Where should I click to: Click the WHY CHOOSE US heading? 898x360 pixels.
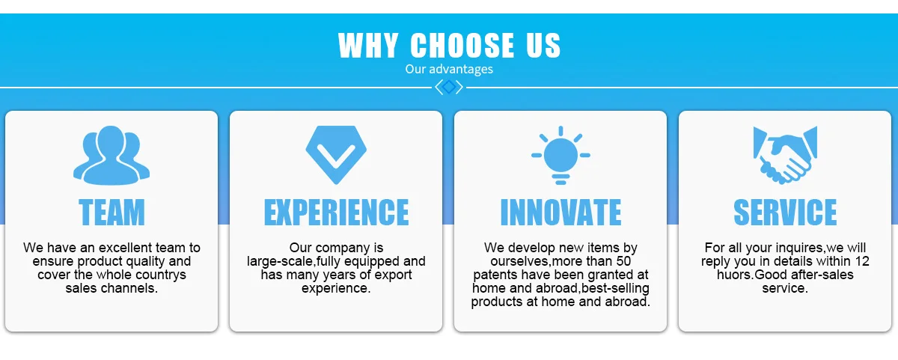pyautogui.click(x=449, y=46)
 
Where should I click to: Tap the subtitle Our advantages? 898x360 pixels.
pyautogui.click(x=449, y=69)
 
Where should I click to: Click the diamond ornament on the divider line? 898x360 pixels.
pyautogui.click(x=449, y=87)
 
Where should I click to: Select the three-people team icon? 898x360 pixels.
pyautogui.click(x=112, y=155)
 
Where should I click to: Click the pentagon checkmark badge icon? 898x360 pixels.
pyautogui.click(x=336, y=155)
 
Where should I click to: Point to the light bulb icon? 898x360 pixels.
pyautogui.click(x=561, y=155)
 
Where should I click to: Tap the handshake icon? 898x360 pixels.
pyautogui.click(x=785, y=155)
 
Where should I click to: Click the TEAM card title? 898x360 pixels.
pyautogui.click(x=112, y=212)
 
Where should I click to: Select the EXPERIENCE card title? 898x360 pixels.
pyautogui.click(x=336, y=212)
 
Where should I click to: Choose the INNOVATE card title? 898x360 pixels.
pyautogui.click(x=561, y=212)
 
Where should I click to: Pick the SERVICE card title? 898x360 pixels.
pyautogui.click(x=785, y=212)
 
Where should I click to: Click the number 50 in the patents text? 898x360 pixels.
pyautogui.click(x=623, y=261)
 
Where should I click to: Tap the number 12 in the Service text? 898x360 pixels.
pyautogui.click(x=862, y=261)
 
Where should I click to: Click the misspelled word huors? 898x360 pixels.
pyautogui.click(x=734, y=275)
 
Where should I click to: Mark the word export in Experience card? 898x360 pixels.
pyautogui.click(x=393, y=275)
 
